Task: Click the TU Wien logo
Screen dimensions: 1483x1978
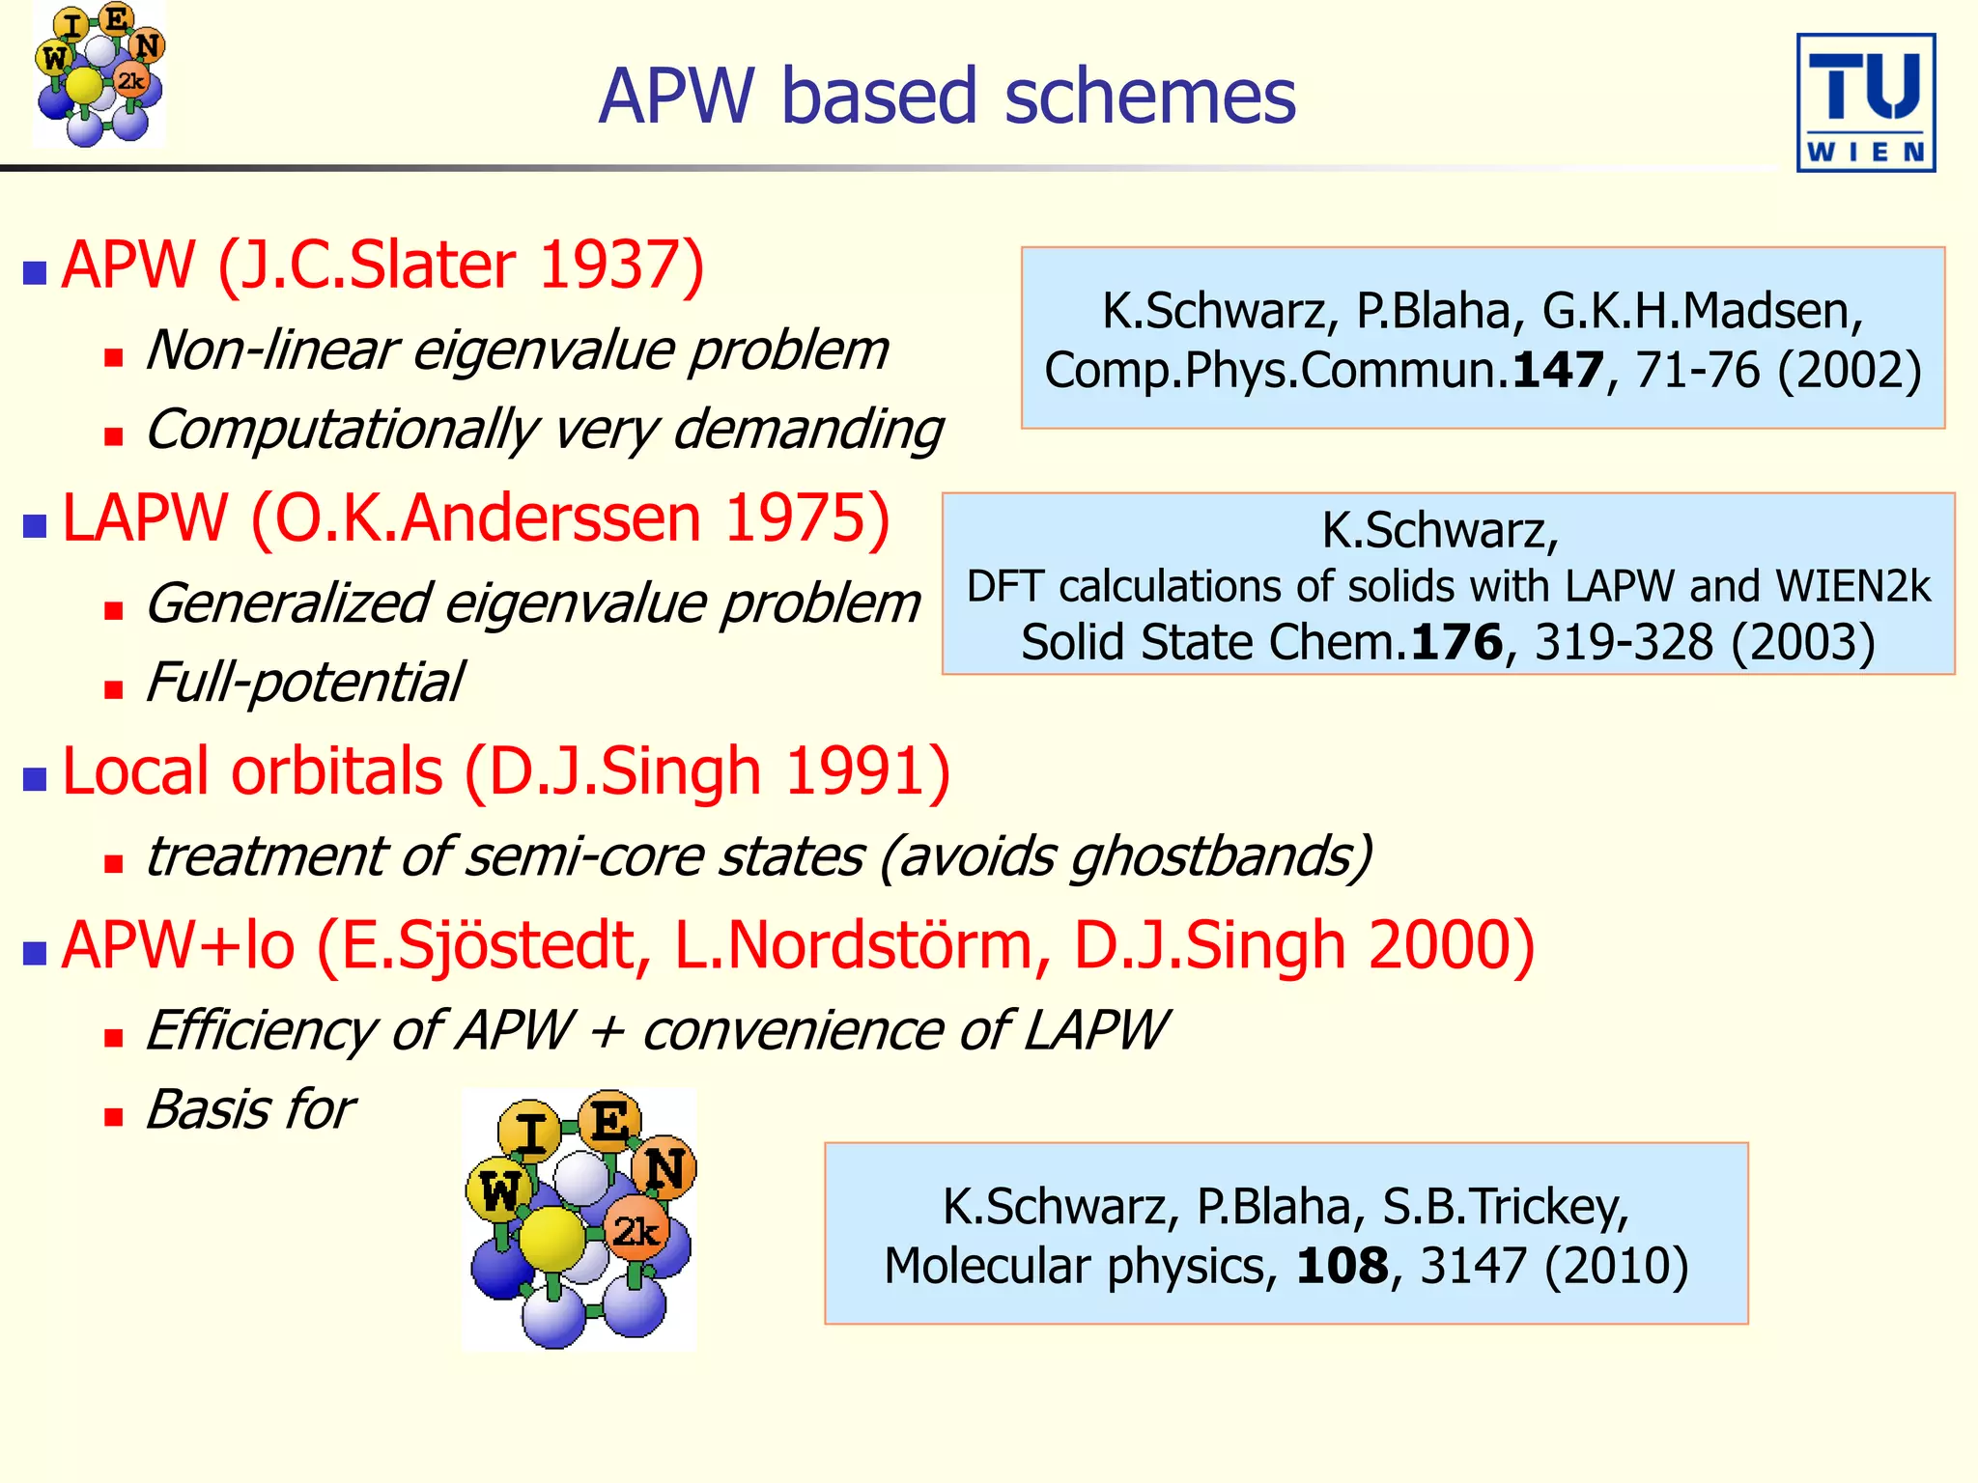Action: click(1865, 102)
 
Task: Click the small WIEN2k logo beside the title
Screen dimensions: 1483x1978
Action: click(99, 74)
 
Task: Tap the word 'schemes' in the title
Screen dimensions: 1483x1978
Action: click(1149, 97)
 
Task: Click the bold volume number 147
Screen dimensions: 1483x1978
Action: click(1558, 371)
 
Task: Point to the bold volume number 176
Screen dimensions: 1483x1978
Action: click(1456, 643)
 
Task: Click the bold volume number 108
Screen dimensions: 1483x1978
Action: click(1342, 1267)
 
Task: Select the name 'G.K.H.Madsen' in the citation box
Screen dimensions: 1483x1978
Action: click(1702, 312)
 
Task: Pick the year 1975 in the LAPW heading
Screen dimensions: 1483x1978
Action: click(796, 518)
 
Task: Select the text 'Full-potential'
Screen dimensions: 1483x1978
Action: click(304, 683)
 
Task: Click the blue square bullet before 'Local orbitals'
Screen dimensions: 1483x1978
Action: click(36, 778)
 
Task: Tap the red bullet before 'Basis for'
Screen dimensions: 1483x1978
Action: click(114, 1117)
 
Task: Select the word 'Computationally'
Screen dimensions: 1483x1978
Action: click(341, 430)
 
